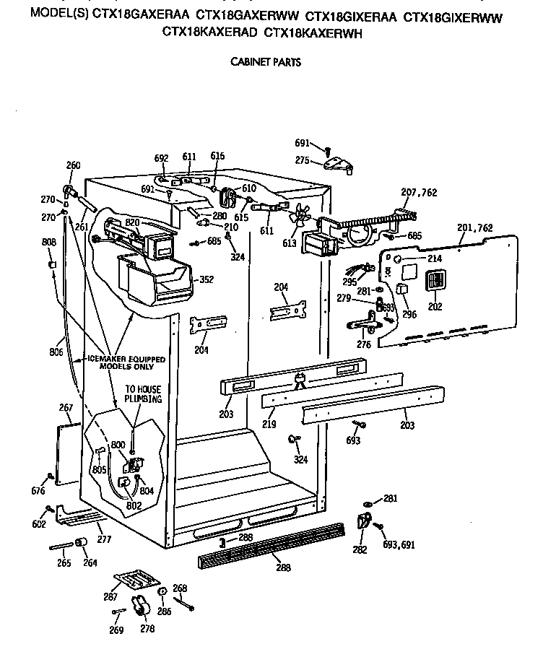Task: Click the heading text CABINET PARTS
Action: click(265, 62)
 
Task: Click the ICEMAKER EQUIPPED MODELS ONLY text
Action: click(126, 362)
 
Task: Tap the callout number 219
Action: click(269, 425)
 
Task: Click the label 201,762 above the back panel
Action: click(475, 228)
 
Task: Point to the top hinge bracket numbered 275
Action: click(337, 165)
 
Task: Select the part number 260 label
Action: click(73, 165)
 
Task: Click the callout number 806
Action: click(56, 353)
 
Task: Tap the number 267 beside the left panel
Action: click(66, 409)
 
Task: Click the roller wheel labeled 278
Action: click(140, 609)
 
